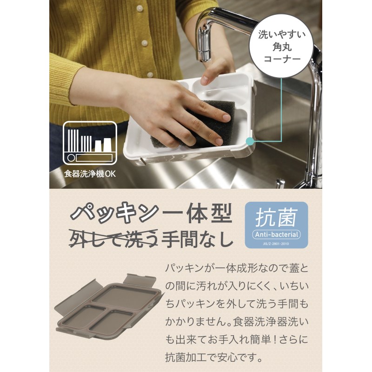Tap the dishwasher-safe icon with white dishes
click(x=90, y=143)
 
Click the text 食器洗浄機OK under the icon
click(x=90, y=174)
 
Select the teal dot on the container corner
click(x=249, y=141)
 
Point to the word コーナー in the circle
click(x=282, y=59)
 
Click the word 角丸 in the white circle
click(x=282, y=47)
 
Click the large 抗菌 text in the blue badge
click(x=276, y=217)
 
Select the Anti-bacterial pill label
click(x=276, y=235)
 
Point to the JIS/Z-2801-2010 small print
click(x=276, y=244)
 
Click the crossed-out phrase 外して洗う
click(x=113, y=239)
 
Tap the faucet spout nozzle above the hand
click(x=204, y=52)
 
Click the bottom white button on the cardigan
click(x=150, y=75)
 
